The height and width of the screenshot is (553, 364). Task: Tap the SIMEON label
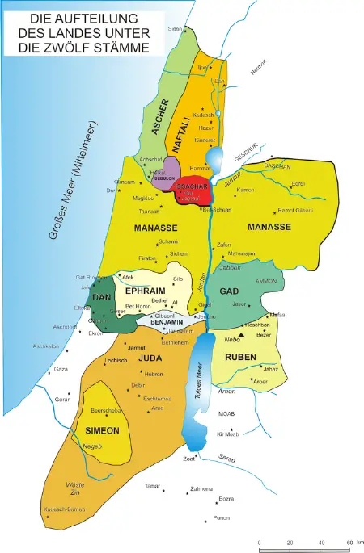point(101,431)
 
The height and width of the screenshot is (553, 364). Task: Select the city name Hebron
point(154,374)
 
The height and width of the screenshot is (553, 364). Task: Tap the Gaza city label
point(60,369)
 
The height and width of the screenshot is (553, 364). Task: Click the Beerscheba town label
point(107,410)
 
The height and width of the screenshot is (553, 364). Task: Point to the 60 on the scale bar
point(350,541)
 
